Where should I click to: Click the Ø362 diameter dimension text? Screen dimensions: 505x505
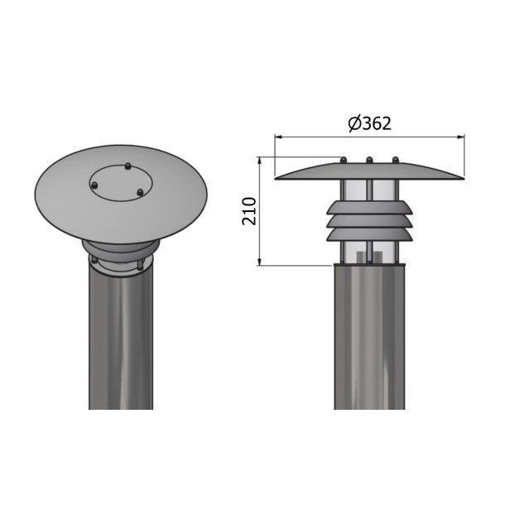[x=369, y=123]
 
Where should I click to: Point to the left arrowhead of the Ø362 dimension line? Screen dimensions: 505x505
[x=279, y=137]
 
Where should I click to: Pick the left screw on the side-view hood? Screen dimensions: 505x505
[x=342, y=159]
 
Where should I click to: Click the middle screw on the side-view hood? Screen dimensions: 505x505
[x=369, y=159]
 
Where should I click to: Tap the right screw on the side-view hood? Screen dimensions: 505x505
[x=396, y=159]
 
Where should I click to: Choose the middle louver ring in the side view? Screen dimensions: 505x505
[x=369, y=221]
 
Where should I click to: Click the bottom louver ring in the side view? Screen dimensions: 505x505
[x=369, y=235]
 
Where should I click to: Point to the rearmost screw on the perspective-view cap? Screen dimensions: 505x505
[x=127, y=166]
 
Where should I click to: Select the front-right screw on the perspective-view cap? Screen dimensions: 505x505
[x=140, y=193]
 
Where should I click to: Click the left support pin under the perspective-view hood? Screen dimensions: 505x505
[x=93, y=261]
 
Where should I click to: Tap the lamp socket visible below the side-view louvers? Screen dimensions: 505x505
[x=369, y=256]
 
